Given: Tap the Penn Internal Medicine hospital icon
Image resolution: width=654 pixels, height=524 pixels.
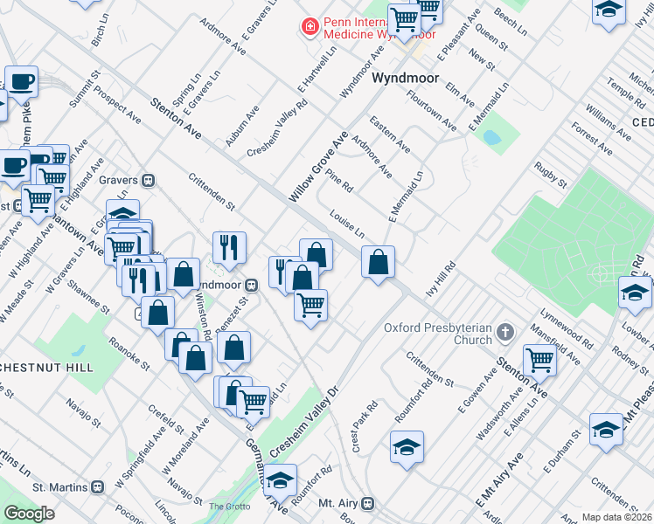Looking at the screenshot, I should [309, 28].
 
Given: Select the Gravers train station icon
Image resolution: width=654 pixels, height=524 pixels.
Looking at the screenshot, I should [150, 180].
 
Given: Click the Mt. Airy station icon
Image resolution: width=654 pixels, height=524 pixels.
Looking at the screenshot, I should [368, 503].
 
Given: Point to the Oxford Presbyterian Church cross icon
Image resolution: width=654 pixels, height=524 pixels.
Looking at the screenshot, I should [504, 332].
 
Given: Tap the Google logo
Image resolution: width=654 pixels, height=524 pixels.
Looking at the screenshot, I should [29, 514].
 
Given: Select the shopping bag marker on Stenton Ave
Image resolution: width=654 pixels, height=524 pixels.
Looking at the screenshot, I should [377, 262].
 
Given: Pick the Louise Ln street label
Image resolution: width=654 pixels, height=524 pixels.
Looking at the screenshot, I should [347, 224].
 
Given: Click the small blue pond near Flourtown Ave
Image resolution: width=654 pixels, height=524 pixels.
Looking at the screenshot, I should [491, 138].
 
